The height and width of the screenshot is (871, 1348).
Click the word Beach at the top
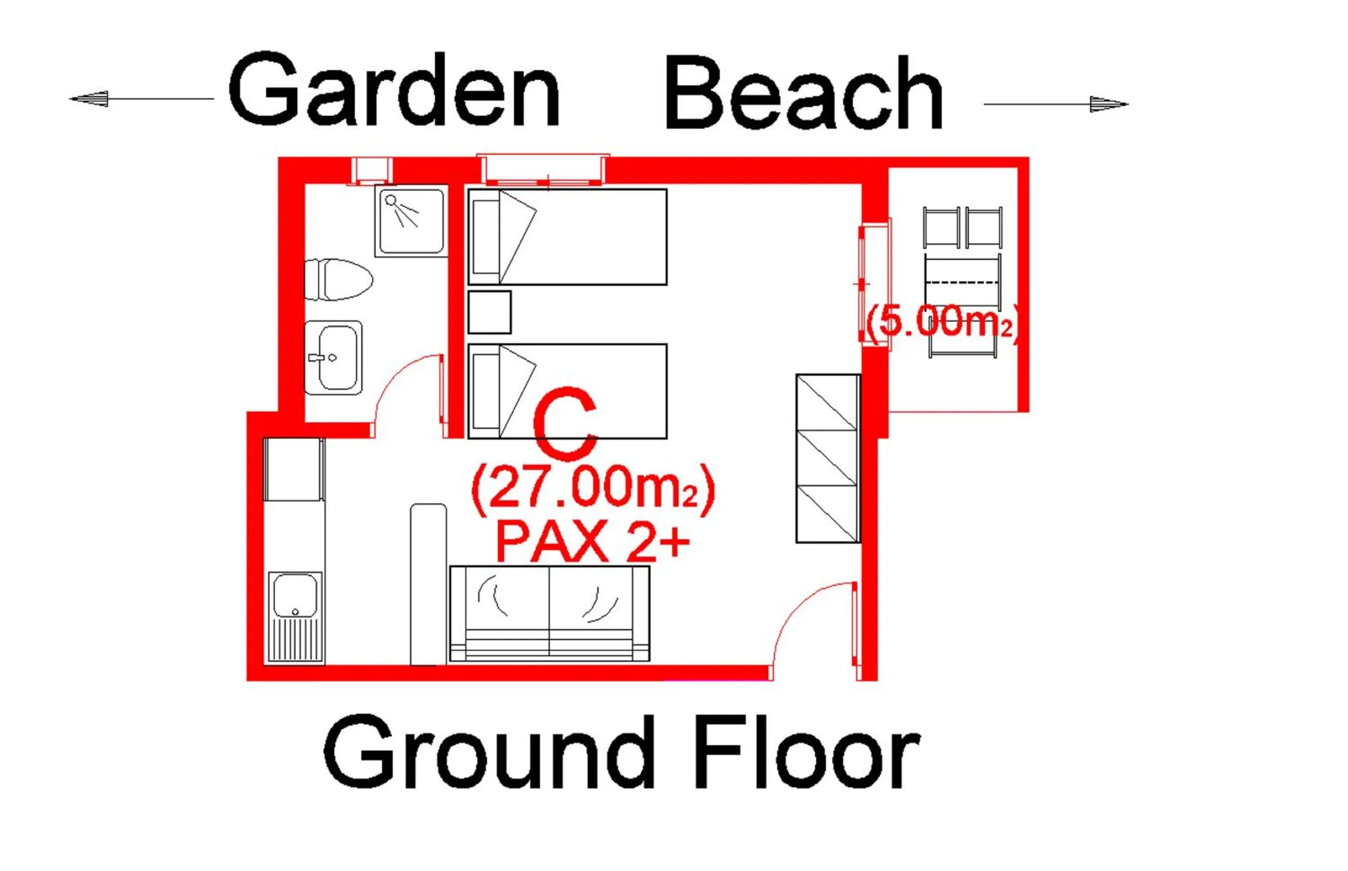coord(803,93)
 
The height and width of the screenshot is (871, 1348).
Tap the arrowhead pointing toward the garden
coord(90,99)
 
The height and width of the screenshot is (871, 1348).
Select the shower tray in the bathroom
coord(411,221)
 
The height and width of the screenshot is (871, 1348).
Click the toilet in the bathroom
coord(338,280)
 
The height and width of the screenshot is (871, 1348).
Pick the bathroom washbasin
coord(334,358)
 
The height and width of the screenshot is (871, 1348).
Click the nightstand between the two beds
coord(489,312)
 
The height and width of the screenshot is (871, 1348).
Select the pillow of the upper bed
coord(486,237)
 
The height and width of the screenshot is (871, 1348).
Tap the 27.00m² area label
coord(593,489)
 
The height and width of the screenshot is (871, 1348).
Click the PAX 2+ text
coord(592,542)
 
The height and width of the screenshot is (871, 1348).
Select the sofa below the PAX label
coord(549,613)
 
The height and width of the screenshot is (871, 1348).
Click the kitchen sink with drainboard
coord(295,617)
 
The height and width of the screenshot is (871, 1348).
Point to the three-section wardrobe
coord(827,459)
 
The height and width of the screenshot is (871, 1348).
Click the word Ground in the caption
coord(489,752)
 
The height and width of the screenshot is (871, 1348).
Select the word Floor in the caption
coord(806,752)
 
